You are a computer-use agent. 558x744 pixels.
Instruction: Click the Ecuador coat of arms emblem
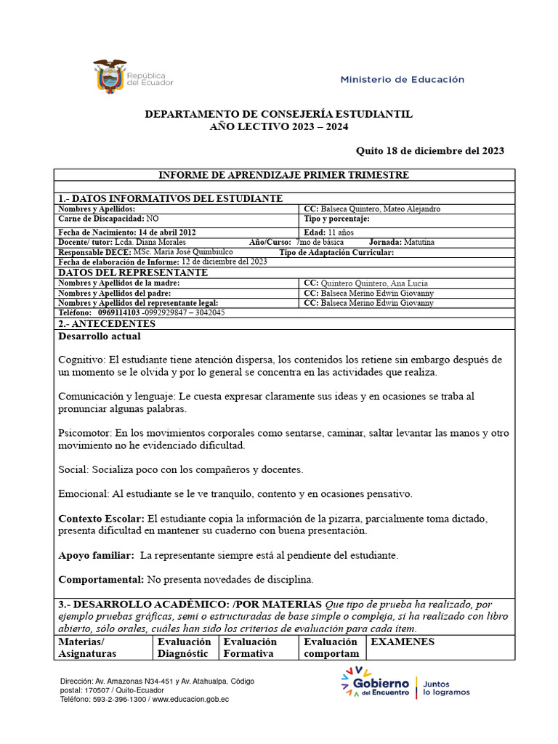click(x=110, y=75)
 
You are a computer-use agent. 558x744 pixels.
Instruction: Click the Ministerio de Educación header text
click(x=402, y=79)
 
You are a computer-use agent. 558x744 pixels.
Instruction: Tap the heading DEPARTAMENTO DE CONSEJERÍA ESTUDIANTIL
click(x=279, y=115)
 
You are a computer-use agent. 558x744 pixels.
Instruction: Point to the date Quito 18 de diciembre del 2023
click(x=429, y=150)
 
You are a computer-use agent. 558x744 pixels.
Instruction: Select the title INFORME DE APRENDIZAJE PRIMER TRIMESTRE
click(x=284, y=175)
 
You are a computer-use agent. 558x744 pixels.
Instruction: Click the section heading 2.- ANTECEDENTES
click(x=106, y=323)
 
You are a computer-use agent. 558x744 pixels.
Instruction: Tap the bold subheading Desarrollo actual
click(x=99, y=336)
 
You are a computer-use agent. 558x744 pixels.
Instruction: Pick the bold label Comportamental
click(x=101, y=579)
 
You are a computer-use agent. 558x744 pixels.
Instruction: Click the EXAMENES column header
click(x=403, y=642)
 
